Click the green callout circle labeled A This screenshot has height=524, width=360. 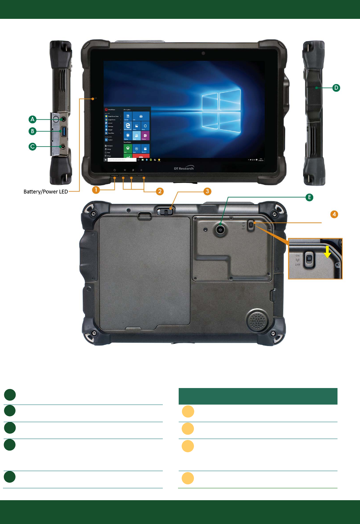click(x=32, y=119)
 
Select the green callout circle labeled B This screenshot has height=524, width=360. click(x=32, y=131)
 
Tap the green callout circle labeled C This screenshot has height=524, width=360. click(x=32, y=146)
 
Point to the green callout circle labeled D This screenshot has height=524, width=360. click(x=336, y=88)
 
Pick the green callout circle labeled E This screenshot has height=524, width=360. click(x=309, y=197)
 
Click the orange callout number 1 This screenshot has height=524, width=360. click(x=96, y=190)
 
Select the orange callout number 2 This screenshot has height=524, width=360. click(x=160, y=191)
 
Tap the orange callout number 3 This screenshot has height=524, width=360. click(x=207, y=191)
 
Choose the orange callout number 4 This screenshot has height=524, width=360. click(x=334, y=214)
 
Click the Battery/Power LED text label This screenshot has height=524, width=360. click(x=46, y=192)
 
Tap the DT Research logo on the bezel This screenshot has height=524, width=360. click(x=184, y=168)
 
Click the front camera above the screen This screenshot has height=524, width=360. click(x=203, y=53)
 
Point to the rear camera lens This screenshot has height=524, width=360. click(x=220, y=229)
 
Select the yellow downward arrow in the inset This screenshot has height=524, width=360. click(x=327, y=252)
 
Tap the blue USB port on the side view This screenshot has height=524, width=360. click(x=64, y=131)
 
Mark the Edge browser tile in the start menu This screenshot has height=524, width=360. click(x=128, y=126)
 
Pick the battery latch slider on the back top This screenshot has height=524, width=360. click(x=165, y=211)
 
